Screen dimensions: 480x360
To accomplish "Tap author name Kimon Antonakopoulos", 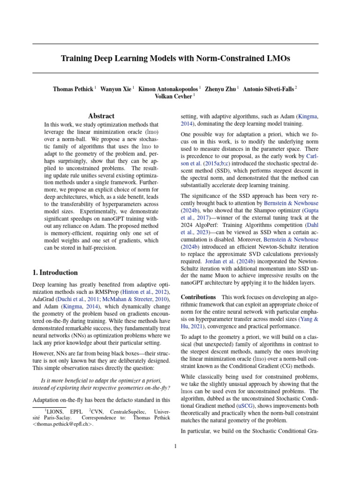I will (x=168, y=88).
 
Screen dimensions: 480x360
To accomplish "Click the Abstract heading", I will (x=101, y=116).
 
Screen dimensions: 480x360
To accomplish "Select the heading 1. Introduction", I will (x=55, y=272).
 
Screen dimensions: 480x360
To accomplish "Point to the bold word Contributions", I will (x=198, y=297).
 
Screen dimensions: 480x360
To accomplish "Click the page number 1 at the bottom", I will (x=175, y=446).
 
